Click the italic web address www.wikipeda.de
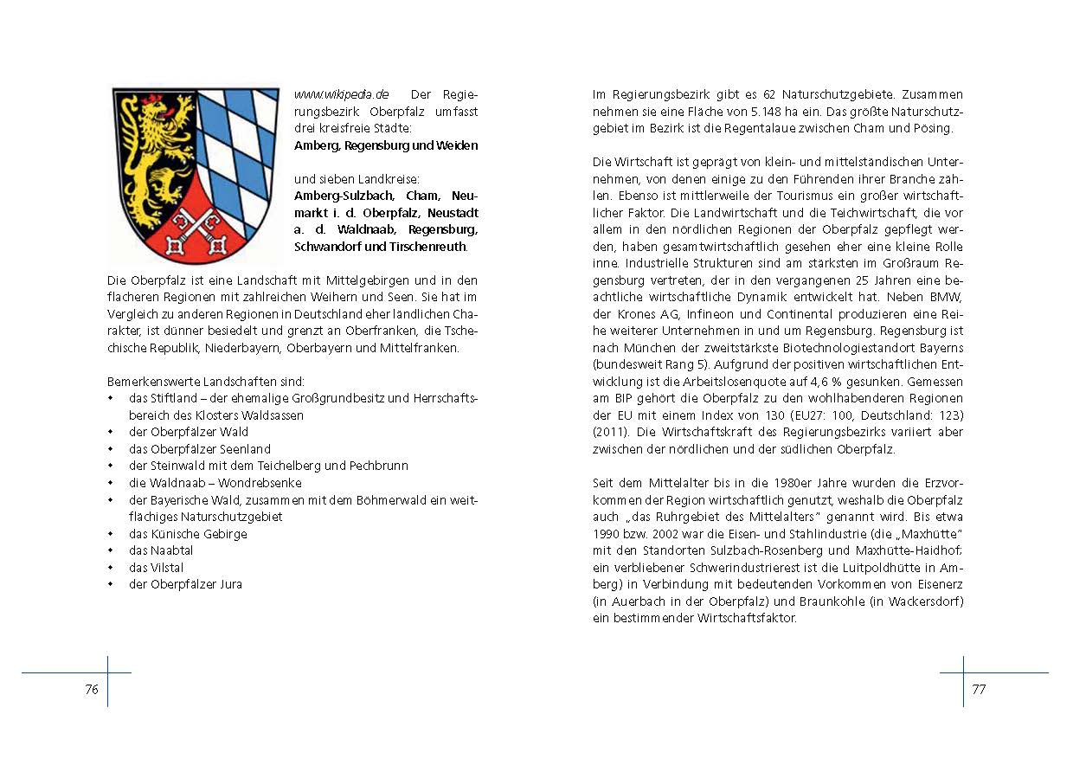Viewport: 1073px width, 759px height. click(x=342, y=94)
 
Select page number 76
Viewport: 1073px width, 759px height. click(x=92, y=690)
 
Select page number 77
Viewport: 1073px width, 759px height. click(x=979, y=690)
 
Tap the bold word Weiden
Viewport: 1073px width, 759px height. click(x=456, y=145)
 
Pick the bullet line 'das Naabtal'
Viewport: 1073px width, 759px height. click(x=161, y=550)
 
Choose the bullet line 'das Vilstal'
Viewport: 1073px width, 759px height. click(x=156, y=568)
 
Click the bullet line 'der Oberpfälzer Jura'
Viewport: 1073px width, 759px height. click(x=185, y=584)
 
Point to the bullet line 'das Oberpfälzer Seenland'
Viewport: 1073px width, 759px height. click(x=199, y=449)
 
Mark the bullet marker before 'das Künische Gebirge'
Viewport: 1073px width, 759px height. click(x=111, y=534)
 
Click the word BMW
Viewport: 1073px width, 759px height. click(x=948, y=297)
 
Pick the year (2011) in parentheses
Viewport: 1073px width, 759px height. click(x=611, y=432)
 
